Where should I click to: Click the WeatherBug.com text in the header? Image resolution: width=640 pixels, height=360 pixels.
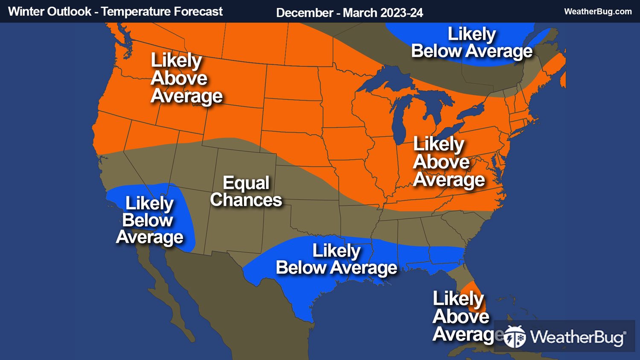[597, 12]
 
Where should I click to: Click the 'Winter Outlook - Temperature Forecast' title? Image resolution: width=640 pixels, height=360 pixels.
[115, 12]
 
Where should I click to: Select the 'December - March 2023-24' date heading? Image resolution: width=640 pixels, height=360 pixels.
[349, 13]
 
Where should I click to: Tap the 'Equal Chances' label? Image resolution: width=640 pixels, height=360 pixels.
[246, 192]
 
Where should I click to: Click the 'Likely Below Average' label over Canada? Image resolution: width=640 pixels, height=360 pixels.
[471, 43]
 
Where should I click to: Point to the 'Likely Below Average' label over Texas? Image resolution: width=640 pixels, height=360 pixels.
[336, 259]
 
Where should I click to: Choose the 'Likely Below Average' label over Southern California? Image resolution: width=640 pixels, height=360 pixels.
[149, 220]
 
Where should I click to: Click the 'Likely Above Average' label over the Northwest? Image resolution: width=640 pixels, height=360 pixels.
[186, 78]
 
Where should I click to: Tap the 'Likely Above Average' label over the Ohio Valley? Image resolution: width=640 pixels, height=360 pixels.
[448, 162]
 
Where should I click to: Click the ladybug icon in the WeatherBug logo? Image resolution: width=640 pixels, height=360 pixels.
[515, 337]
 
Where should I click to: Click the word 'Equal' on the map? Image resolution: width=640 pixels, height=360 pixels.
[246, 183]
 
